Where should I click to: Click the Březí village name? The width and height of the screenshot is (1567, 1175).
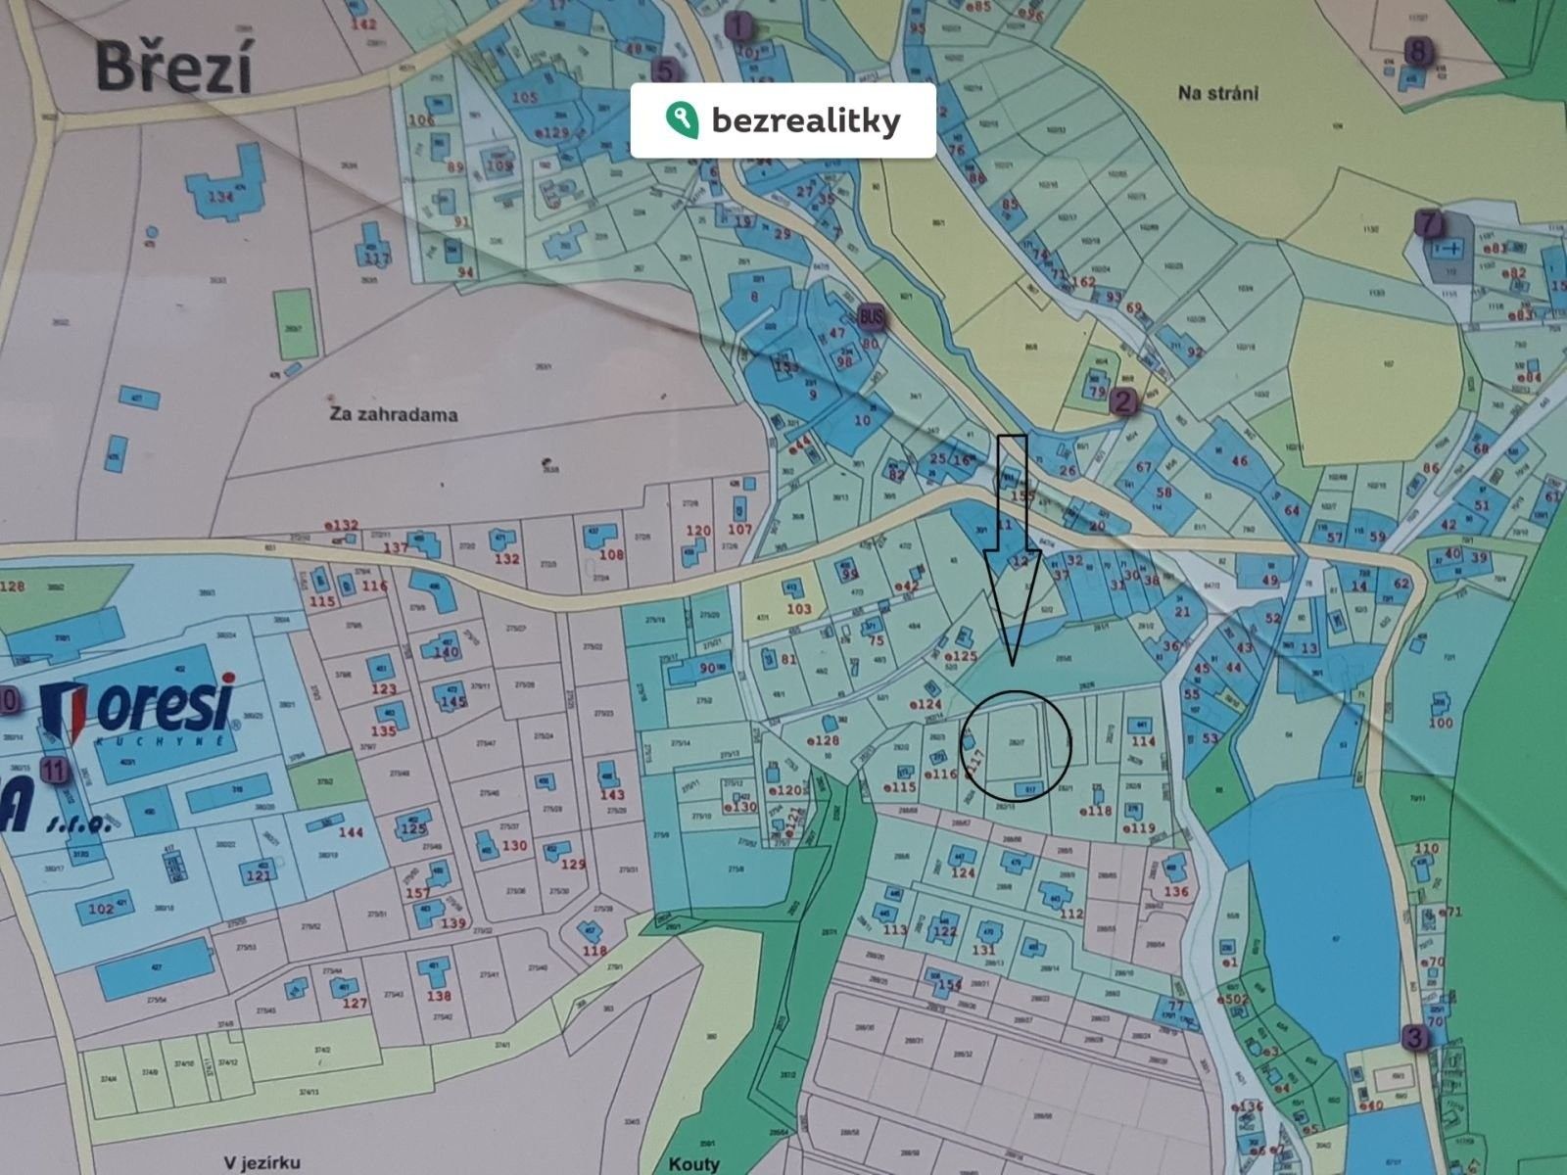pyautogui.click(x=174, y=69)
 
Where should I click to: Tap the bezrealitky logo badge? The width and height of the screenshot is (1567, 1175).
pyautogui.click(x=783, y=120)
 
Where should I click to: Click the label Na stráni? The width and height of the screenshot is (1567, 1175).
pyautogui.click(x=1218, y=94)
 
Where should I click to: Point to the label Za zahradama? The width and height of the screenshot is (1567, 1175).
pyautogui.click(x=394, y=414)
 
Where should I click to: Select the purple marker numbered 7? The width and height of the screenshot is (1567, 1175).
pyautogui.click(x=1429, y=223)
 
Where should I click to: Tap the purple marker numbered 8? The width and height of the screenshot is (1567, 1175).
pyautogui.click(x=1417, y=49)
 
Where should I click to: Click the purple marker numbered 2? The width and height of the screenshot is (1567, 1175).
pyautogui.click(x=1122, y=399)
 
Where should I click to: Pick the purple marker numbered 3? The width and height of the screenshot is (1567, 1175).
pyautogui.click(x=1413, y=1037)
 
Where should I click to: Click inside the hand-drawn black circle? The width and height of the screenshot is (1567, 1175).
pyautogui.click(x=1017, y=744)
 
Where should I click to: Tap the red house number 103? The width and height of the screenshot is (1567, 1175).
pyautogui.click(x=799, y=608)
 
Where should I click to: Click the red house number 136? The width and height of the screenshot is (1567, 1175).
pyautogui.click(x=1175, y=891)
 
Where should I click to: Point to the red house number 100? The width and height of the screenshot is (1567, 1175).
pyautogui.click(x=1441, y=723)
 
